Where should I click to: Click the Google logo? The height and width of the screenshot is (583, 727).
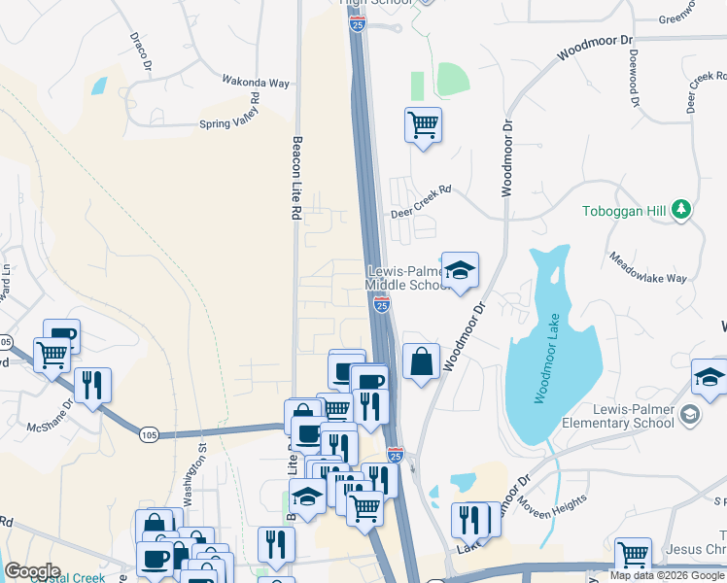click(32, 571)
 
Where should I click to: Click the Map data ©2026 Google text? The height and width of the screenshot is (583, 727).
click(668, 575)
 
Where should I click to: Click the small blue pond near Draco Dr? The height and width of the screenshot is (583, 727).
click(98, 86)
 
